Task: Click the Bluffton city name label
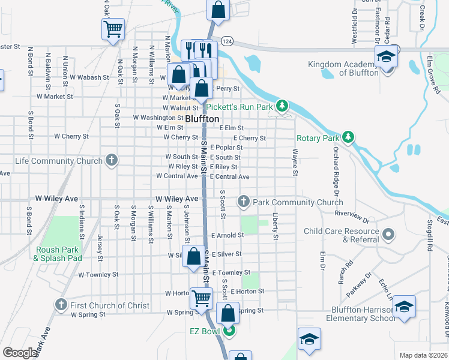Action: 202,119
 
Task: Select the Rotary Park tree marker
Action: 348,138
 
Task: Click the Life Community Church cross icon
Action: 111,160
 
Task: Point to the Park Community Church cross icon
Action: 244,202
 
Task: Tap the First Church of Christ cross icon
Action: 61,305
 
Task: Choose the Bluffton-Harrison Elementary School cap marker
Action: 405,306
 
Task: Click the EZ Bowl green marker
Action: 228,329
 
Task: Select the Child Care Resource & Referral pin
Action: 389,234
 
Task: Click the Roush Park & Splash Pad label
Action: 58,254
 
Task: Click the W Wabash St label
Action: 89,77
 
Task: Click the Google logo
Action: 20,353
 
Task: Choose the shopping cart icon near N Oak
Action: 113,28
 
